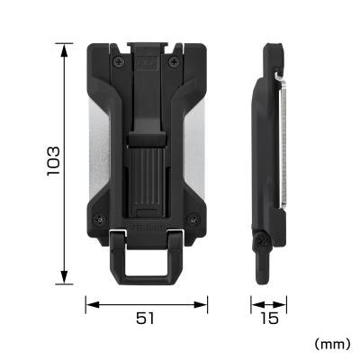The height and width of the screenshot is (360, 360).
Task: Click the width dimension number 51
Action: coord(147,318)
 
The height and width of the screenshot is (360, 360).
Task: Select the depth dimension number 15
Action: coord(268,318)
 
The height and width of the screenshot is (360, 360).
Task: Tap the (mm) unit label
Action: coord(333,344)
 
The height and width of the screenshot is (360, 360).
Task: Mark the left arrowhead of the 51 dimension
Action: coord(88,305)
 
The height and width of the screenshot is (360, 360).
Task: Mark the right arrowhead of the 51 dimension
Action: coord(205,305)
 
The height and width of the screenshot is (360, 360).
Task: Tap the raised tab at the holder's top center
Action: coord(147,45)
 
